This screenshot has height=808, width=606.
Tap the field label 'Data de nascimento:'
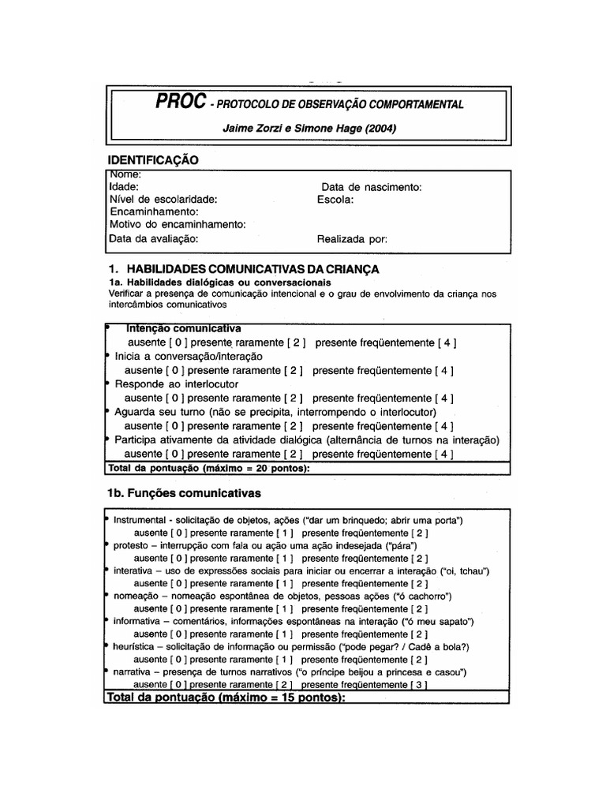click(x=372, y=187)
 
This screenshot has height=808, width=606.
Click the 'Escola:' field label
click(x=335, y=200)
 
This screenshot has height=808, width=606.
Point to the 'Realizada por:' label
click(x=352, y=238)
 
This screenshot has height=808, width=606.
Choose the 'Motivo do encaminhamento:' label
click(x=178, y=225)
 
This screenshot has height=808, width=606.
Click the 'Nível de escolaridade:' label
click(x=163, y=200)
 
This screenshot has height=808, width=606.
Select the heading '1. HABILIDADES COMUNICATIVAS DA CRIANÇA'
click(x=243, y=269)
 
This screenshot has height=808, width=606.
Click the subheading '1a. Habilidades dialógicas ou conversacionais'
click(x=219, y=282)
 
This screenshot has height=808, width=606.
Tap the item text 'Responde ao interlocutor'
click(x=176, y=383)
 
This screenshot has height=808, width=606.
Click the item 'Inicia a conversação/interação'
click(x=189, y=356)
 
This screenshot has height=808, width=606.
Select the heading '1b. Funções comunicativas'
click(x=184, y=493)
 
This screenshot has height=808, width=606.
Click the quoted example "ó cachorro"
click(x=422, y=596)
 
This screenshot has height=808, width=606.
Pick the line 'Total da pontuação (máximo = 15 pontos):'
click(x=226, y=698)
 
